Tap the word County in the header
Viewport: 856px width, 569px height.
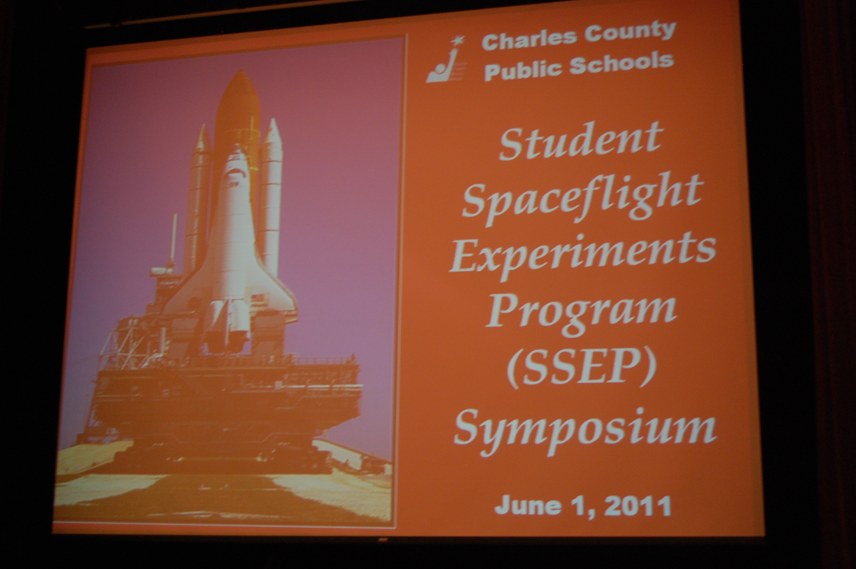point(630,32)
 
